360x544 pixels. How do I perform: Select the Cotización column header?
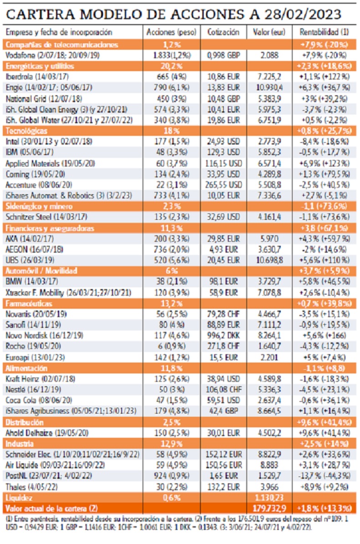click(x=223, y=33)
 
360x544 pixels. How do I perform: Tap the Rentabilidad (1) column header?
click(x=324, y=33)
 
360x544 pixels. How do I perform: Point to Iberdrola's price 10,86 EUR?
click(x=223, y=77)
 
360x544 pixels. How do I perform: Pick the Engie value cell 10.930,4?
click(x=273, y=88)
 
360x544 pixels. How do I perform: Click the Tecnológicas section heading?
click(x=23, y=131)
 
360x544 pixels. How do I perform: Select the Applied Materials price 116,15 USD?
click(x=223, y=163)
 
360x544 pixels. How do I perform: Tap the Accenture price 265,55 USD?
click(x=223, y=185)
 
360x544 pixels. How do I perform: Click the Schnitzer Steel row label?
click(x=40, y=217)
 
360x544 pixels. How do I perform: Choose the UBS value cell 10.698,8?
click(x=273, y=260)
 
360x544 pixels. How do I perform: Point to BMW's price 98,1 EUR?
click(x=223, y=282)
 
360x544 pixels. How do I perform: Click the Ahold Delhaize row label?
click(x=41, y=432)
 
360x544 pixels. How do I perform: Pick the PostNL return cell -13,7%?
click(x=324, y=476)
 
